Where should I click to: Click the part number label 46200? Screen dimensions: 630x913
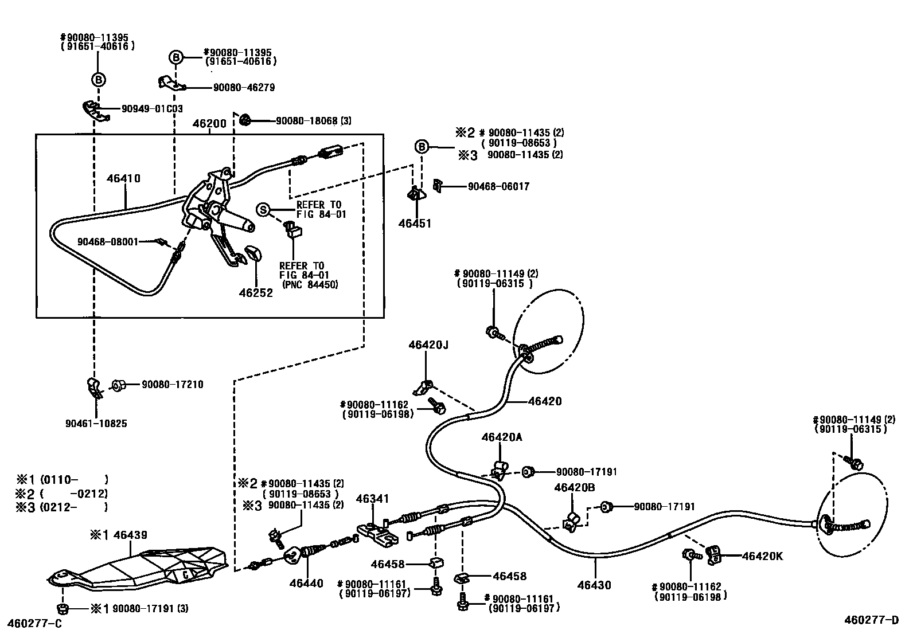coord(210,123)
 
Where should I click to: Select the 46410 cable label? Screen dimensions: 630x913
coord(123,179)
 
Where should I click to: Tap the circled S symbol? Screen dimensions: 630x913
coord(263,210)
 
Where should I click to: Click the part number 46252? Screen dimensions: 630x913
coord(256,293)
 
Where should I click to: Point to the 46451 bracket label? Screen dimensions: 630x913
coord(415,224)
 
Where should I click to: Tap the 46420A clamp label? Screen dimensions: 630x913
coord(502,437)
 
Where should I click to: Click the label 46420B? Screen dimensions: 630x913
coord(574,487)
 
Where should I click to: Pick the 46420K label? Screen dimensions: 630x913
coord(762,555)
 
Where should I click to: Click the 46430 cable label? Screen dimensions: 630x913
coord(594,585)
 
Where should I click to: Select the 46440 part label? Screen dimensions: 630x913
coord(306,584)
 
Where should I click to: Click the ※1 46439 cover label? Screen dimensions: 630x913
coord(118,535)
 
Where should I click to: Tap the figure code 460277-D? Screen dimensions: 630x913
coord(871,620)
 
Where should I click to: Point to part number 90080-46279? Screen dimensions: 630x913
coord(244,88)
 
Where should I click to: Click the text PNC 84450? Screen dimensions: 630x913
coord(310,284)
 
